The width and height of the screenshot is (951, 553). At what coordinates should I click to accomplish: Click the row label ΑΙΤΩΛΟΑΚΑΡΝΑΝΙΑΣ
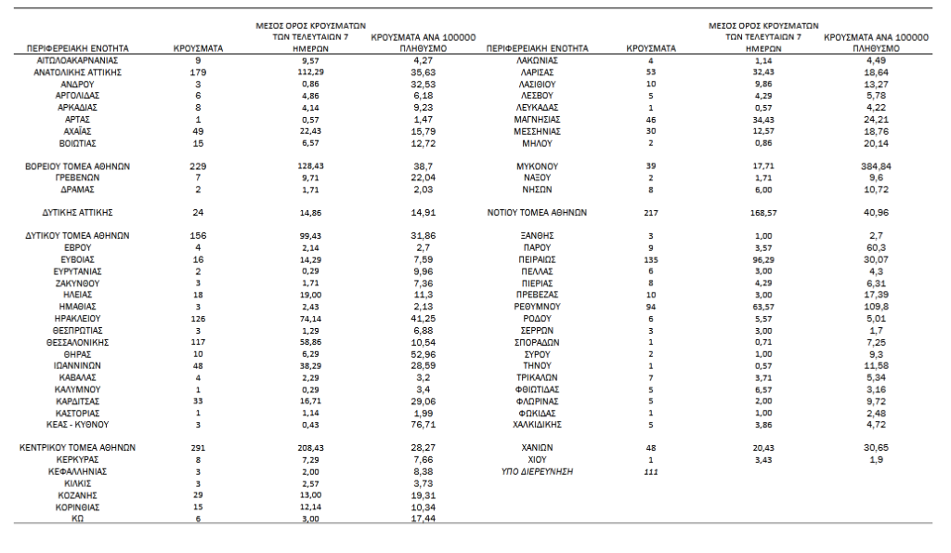click(x=77, y=59)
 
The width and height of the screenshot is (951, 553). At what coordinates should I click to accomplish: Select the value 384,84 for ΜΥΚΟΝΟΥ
click(x=881, y=165)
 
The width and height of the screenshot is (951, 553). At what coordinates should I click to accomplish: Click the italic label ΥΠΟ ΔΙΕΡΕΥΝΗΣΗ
click(x=537, y=471)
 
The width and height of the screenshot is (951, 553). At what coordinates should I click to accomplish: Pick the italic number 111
click(x=651, y=472)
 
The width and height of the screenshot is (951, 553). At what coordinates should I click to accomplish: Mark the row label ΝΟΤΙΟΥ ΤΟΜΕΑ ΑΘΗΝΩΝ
click(x=537, y=212)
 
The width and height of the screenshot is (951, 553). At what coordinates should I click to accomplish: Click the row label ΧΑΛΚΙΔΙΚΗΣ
click(x=536, y=425)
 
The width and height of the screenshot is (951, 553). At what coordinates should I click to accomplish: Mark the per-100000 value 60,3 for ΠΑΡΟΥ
click(x=881, y=248)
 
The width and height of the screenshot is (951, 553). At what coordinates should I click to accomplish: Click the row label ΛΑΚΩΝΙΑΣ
click(x=536, y=59)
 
